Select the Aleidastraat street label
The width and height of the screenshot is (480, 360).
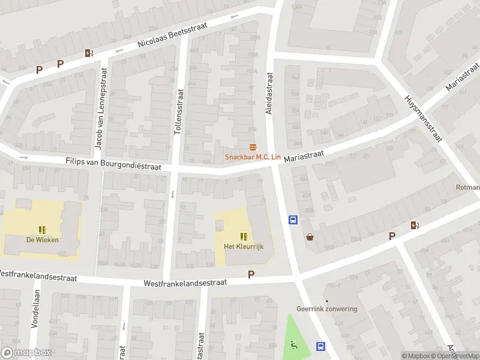point(269,94)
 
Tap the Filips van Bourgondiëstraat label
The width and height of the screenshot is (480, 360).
point(113,163)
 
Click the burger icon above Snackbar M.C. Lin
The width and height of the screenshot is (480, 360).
point(252,148)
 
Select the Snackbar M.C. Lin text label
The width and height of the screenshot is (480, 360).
point(253,157)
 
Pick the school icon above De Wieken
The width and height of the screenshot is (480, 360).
point(42,230)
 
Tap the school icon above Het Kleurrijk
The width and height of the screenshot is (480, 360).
point(244,236)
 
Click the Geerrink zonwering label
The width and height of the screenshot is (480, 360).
point(326,309)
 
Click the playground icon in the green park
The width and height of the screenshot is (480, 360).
point(293,344)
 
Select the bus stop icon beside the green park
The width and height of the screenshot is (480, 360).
point(320,346)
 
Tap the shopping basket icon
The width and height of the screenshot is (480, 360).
point(310,237)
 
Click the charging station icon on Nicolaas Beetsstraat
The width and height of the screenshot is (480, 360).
point(89,53)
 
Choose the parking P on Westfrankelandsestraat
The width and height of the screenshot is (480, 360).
point(251,274)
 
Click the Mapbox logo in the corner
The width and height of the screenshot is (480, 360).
point(26,353)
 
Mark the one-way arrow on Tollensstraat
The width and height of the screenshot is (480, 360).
point(173,194)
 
